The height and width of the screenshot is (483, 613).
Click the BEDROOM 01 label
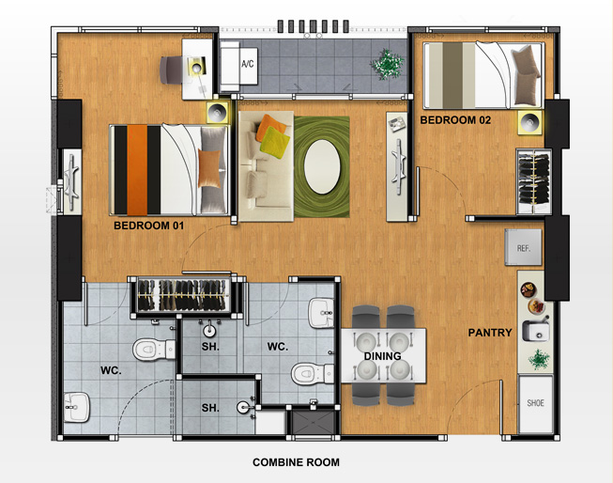pos(148,226)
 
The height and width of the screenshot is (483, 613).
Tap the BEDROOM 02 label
pos(455,119)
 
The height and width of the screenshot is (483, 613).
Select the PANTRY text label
pos(490,333)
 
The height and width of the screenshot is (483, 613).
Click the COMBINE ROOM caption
pos(296,462)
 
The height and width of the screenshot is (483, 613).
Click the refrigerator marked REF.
pos(524,247)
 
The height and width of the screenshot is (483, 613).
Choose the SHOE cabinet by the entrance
pos(536,404)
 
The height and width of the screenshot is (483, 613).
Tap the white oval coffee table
pos(323,166)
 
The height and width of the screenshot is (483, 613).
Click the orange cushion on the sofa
pos(269,127)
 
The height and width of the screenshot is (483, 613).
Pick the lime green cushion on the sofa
pos(275,143)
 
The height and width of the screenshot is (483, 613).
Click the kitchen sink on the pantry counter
pos(536,329)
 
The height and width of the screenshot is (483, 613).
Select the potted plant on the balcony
pos(388,64)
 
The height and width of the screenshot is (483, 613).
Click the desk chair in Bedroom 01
pos(171,70)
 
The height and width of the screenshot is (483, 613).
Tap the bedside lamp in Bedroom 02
pos(530,122)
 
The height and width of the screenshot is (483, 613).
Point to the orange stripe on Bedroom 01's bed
pos(137,170)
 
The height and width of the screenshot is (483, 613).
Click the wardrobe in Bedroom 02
pos(534,181)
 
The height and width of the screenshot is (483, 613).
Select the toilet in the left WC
pos(154,350)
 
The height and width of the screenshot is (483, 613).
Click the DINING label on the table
pos(382,356)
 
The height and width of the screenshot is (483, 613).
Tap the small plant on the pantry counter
pos(540,359)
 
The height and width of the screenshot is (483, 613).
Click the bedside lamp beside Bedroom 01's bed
pos(218,113)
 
